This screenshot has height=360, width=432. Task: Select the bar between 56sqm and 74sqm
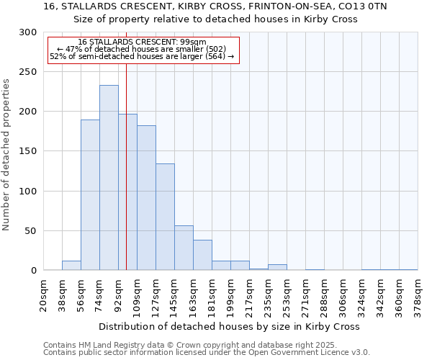click(90, 195)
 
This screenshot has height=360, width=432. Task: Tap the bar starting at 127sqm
click(165, 217)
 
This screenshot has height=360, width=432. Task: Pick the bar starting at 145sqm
click(184, 248)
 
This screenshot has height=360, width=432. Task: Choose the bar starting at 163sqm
click(202, 256)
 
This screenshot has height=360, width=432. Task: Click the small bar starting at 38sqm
click(71, 266)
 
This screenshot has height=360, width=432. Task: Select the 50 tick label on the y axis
click(30, 231)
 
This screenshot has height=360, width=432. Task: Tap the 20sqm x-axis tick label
click(43, 295)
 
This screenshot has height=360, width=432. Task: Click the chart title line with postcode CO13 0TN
click(215, 6)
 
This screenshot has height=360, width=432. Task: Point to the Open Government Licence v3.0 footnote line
click(207, 352)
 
